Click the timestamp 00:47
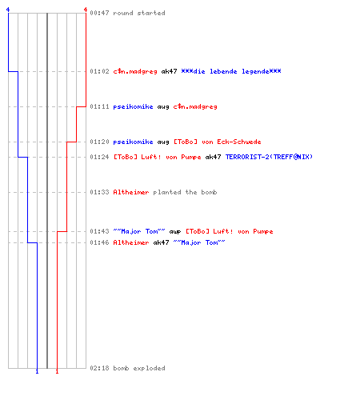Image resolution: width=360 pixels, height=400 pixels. click(99, 13)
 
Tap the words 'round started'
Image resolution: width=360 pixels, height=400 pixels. click(139, 13)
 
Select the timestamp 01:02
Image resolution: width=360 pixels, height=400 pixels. click(99, 71)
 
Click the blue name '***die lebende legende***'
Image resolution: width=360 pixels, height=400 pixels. click(231, 71)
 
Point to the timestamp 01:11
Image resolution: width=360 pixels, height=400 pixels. click(99, 106)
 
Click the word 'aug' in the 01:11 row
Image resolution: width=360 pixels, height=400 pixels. click(163, 107)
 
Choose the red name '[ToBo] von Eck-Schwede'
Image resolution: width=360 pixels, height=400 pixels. click(218, 142)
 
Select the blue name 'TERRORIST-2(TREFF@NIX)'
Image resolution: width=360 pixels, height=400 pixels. click(269, 157)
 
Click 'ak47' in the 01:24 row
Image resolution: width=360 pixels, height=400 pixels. click(213, 157)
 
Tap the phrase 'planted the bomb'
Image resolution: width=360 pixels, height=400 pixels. click(185, 192)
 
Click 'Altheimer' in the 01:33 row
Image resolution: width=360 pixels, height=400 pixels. click(131, 192)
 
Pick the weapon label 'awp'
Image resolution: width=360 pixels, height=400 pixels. click(175, 232)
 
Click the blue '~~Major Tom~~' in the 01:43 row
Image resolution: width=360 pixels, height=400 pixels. click(139, 231)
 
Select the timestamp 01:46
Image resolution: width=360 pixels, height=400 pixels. click(99, 242)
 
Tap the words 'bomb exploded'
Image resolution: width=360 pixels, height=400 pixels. click(139, 368)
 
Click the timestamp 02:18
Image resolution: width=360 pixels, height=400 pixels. click(99, 368)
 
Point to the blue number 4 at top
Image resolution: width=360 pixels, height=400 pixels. click(8, 10)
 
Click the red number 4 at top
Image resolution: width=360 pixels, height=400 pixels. click(86, 10)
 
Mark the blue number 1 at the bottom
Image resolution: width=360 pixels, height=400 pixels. click(37, 371)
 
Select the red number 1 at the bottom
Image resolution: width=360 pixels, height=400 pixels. click(57, 371)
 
